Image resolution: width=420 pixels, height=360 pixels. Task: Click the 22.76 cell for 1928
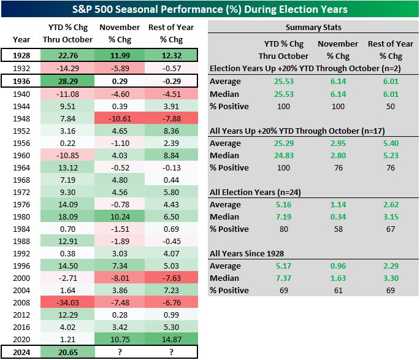pos(71,55)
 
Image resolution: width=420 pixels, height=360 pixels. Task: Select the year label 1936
pos(21,80)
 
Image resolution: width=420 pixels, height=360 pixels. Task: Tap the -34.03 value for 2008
pos(71,303)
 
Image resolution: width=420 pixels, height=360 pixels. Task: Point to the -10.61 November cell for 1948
pos(120,117)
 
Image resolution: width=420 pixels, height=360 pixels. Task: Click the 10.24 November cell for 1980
pos(120,216)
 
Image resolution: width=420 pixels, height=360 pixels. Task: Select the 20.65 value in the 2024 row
pos(71,353)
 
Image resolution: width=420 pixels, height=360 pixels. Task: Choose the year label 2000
pos(21,278)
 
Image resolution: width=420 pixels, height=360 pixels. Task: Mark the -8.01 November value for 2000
pos(120,278)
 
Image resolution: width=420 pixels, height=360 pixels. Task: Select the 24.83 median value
pos(276,155)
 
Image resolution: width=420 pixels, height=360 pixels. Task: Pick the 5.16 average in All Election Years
pos(276,204)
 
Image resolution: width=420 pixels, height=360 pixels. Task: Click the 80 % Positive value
pos(276,229)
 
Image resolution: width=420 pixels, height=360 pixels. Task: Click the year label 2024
pos(21,353)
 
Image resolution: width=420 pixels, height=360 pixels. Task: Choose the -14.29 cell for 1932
pos(71,67)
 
